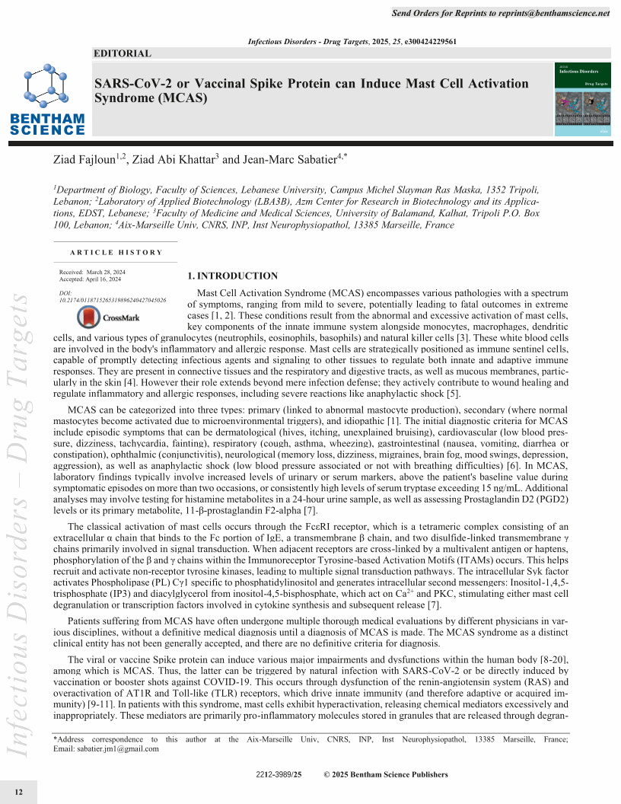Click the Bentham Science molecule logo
(47, 99)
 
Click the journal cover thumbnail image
(583, 100)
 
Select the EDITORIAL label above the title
(122, 53)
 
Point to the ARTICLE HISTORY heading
(116, 252)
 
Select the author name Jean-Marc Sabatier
(288, 160)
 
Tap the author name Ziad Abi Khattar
(174, 160)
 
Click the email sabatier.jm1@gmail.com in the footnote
(125, 748)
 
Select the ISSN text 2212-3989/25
(279, 775)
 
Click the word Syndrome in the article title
(125, 99)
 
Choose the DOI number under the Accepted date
(113, 300)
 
